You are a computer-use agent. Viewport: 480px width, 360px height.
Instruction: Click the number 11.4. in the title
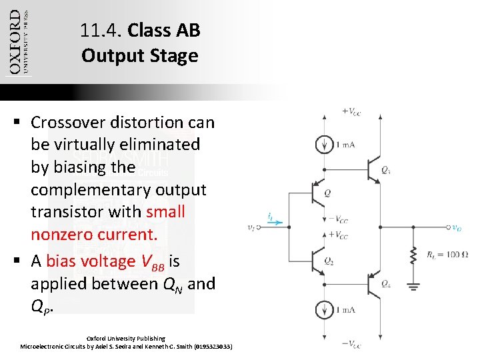pyautogui.click(x=101, y=31)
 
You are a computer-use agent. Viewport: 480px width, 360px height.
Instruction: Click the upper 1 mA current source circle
pyautogui.click(x=324, y=145)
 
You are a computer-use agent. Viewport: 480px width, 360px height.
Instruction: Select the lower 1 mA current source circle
pyautogui.click(x=324, y=310)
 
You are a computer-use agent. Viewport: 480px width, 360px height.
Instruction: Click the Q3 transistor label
pyautogui.click(x=387, y=171)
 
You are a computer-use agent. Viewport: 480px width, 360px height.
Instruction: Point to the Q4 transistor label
pyautogui.click(x=387, y=283)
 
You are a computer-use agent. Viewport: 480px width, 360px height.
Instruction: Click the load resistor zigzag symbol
pyautogui.click(x=413, y=255)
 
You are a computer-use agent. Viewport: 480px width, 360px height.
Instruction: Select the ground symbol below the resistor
pyautogui.click(x=413, y=286)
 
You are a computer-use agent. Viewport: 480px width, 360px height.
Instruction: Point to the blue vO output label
pyautogui.click(x=456, y=227)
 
